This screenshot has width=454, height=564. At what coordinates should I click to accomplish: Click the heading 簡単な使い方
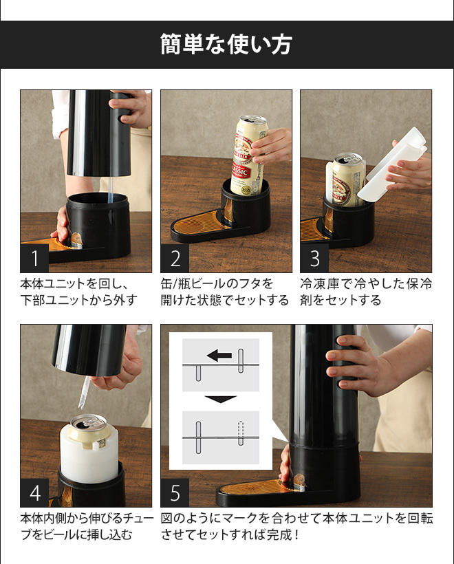(226, 44)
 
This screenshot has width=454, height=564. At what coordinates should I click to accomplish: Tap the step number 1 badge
(34, 258)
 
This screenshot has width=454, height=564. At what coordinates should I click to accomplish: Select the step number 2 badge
(175, 258)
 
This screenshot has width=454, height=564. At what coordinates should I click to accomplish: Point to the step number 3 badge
(315, 258)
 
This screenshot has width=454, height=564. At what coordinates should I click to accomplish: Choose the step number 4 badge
(34, 492)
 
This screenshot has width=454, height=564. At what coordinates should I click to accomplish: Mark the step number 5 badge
(175, 492)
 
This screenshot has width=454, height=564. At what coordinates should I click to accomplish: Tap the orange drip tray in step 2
(199, 223)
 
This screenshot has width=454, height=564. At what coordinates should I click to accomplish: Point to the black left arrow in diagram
(219, 356)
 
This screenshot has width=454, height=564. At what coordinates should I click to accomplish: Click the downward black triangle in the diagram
(221, 399)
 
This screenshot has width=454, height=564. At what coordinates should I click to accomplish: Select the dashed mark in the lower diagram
(241, 433)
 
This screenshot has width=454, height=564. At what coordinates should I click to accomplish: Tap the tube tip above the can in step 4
(80, 406)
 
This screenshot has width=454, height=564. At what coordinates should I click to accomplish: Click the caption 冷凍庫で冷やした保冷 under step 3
(366, 284)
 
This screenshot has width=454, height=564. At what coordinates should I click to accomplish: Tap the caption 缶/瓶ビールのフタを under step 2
(217, 284)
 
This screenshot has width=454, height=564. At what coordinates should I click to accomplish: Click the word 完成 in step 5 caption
(279, 534)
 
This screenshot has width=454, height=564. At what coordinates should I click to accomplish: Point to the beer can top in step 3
(348, 158)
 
